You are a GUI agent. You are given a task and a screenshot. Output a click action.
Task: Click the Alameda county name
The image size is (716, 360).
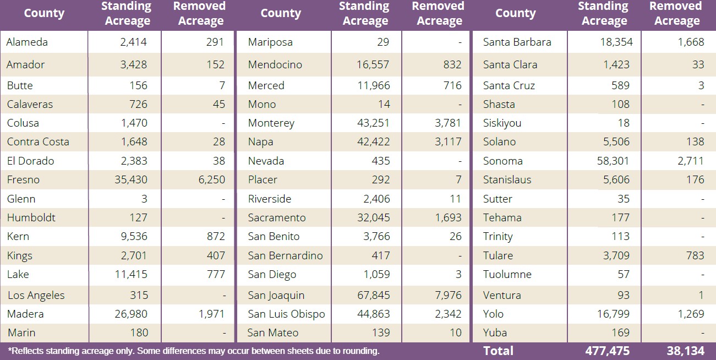27,42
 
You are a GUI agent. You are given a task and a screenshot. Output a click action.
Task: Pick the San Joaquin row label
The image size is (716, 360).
276,296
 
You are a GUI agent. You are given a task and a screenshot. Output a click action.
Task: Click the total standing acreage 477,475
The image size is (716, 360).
603,351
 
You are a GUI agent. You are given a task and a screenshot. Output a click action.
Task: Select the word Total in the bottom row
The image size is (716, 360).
498,351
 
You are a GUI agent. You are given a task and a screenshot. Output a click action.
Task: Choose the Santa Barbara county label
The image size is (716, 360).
517,42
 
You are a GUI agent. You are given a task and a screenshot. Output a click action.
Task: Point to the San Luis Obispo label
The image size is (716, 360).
286,314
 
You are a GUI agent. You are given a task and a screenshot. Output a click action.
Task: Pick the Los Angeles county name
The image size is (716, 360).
36,296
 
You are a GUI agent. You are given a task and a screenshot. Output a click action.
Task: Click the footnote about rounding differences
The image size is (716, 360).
194,351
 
